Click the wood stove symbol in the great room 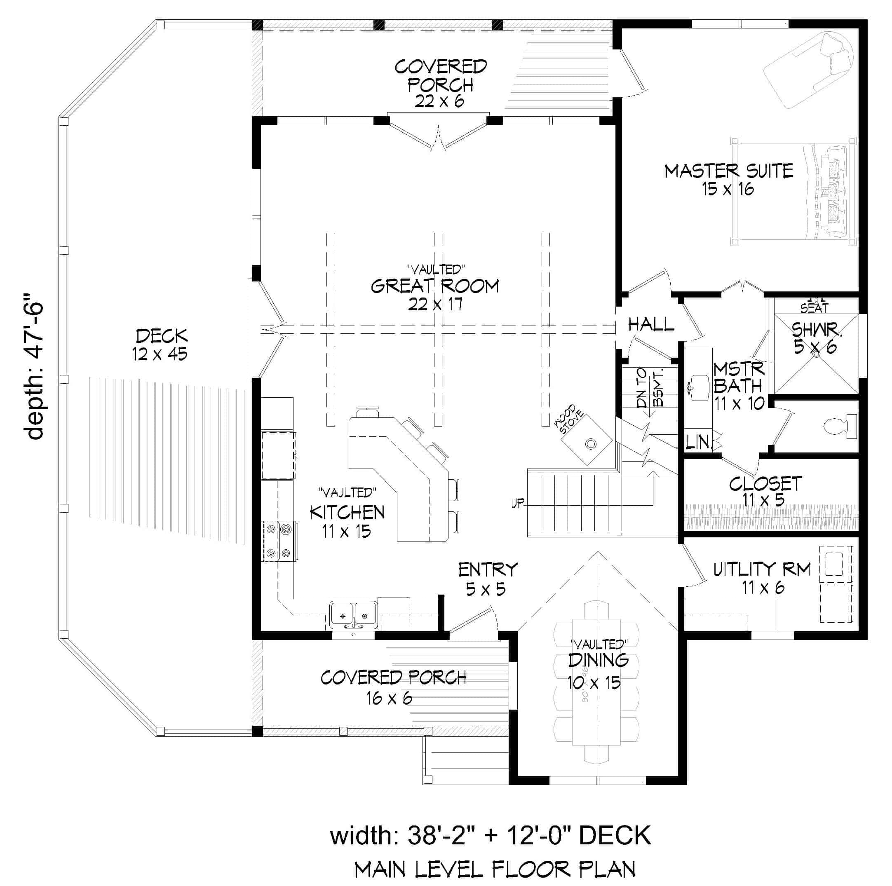[x=587, y=441]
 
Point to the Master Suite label [x=728, y=171]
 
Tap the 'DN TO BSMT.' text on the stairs [x=650, y=388]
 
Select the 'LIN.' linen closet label [x=699, y=443]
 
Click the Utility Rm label [x=762, y=570]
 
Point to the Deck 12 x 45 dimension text [x=160, y=354]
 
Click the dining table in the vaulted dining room [x=596, y=682]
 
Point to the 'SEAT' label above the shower [x=815, y=308]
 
